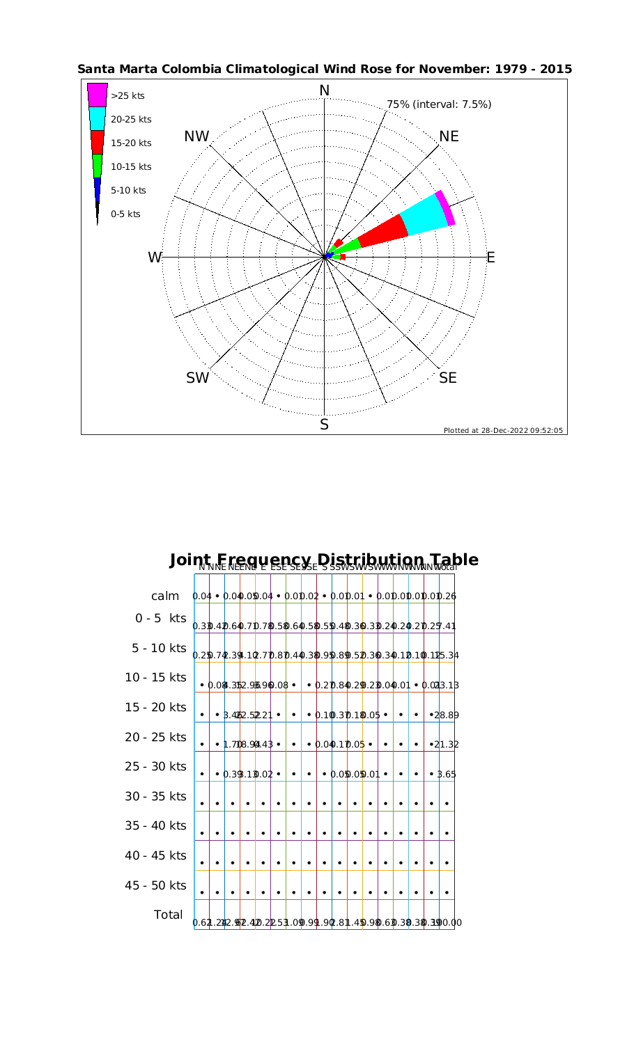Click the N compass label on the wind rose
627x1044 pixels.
[x=324, y=90]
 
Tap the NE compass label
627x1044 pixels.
[x=449, y=136]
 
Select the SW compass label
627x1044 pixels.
[x=198, y=378]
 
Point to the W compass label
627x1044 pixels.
[x=155, y=258]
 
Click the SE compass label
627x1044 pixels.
[x=449, y=378]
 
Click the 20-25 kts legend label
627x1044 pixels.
[x=131, y=120]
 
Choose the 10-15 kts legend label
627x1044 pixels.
[x=131, y=167]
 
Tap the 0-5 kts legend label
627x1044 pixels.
[x=125, y=214]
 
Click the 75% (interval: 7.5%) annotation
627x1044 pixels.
[x=439, y=104]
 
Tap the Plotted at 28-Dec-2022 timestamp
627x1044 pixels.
[x=503, y=430]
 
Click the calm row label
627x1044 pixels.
[x=166, y=596]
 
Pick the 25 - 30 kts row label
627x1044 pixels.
[x=155, y=766]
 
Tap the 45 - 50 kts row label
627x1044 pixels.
[x=155, y=885]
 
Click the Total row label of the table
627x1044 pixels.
[x=167, y=915]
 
